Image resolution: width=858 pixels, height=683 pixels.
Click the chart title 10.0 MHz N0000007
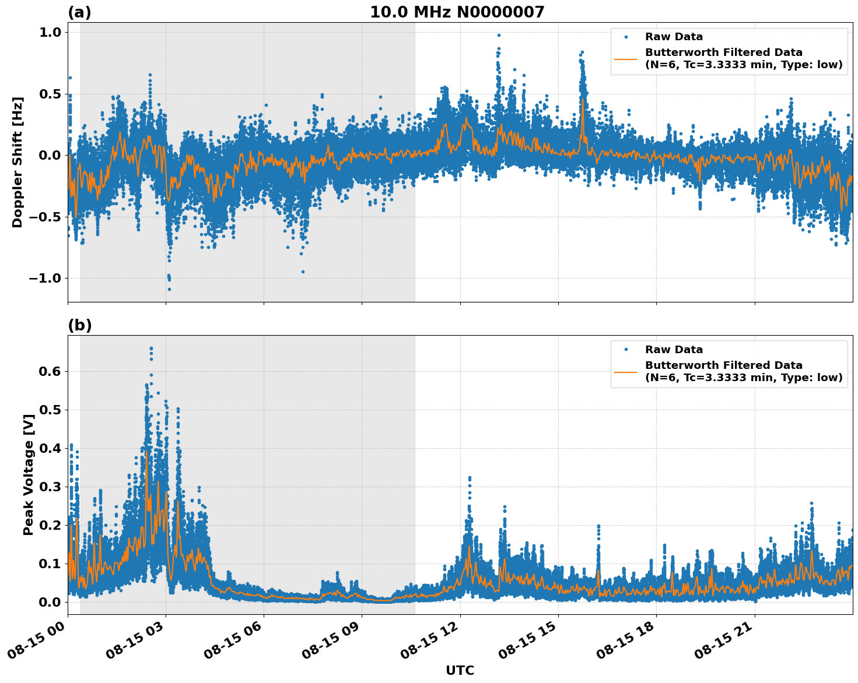point(457,12)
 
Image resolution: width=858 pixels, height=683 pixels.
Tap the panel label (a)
point(79,12)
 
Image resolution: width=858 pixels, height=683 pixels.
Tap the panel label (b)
point(79,325)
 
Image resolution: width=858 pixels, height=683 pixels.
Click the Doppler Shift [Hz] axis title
point(17,162)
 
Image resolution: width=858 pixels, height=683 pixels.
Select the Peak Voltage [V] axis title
point(29,475)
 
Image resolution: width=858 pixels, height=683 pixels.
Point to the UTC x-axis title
point(460,670)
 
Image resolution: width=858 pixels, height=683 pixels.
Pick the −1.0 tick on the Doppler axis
point(45,278)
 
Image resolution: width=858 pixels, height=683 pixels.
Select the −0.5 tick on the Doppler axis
point(45,217)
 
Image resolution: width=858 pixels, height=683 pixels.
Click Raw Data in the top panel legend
point(674,37)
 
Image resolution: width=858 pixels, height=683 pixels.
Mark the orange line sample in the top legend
point(626,58)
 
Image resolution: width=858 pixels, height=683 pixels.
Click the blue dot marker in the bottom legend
point(626,350)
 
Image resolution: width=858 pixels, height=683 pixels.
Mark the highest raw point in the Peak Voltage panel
point(151,348)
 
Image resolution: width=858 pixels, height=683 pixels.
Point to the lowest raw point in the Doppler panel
point(169,289)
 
